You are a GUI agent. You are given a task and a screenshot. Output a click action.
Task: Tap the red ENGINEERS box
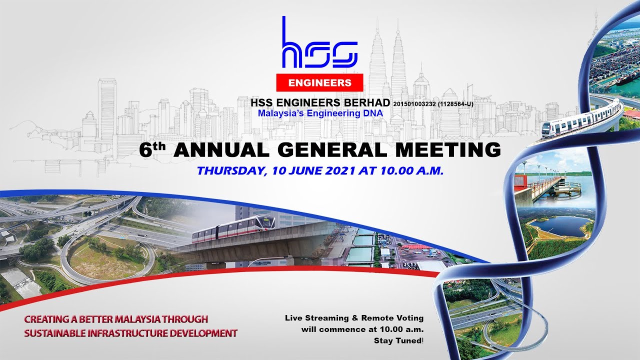319,82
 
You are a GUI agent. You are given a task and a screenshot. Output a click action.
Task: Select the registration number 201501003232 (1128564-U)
433,103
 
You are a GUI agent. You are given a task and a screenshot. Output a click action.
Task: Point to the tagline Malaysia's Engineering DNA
320,113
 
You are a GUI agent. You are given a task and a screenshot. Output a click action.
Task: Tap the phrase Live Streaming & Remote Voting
354,318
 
